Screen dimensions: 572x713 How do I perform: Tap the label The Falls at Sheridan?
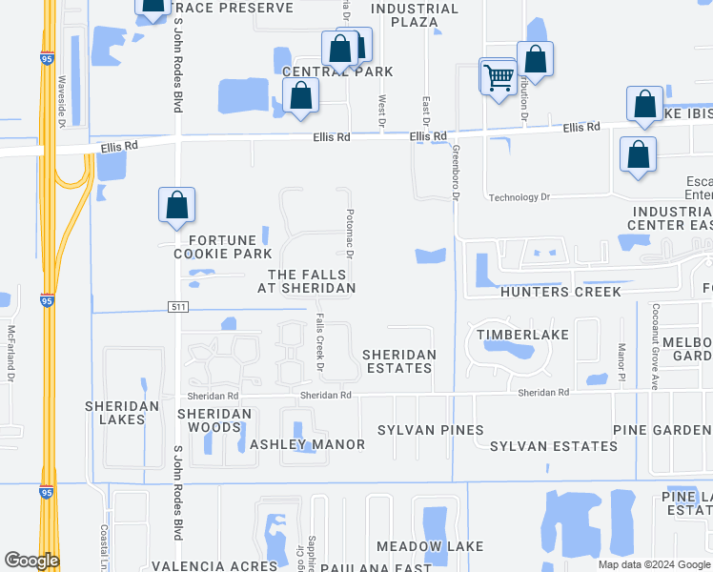pos(306,281)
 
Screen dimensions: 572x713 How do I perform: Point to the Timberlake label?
pos(523,335)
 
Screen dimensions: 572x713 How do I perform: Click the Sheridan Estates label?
pos(399,362)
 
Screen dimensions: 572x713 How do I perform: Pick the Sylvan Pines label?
pos(430,430)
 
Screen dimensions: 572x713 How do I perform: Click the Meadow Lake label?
pos(429,546)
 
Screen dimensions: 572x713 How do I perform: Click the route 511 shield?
pos(178,307)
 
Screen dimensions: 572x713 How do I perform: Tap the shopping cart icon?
pos(498,76)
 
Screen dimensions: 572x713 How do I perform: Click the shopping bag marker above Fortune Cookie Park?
pos(176,205)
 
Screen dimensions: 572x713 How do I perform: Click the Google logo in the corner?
pos(31,561)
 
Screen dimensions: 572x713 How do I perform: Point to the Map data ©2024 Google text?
pos(654,564)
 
